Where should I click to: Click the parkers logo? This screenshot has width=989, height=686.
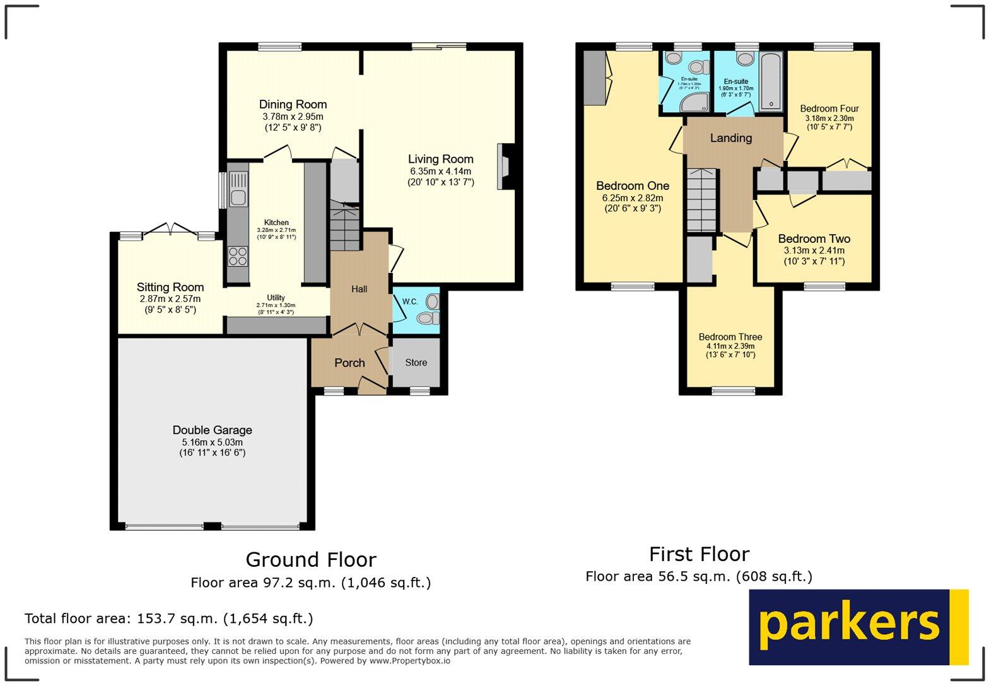tap(858, 627)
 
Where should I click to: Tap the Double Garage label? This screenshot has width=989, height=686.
tap(212, 430)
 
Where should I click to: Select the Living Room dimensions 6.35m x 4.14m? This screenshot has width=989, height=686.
tap(440, 171)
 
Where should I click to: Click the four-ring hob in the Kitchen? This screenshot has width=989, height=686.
tap(238, 257)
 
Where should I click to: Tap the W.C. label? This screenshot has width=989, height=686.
tap(410, 301)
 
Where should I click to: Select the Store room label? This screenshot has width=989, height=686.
tap(416, 363)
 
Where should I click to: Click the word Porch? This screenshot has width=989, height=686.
tap(349, 363)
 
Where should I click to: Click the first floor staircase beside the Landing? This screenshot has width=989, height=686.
tap(701, 201)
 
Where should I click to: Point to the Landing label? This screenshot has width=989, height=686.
tap(731, 138)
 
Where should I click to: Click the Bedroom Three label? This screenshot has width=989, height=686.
tap(730, 337)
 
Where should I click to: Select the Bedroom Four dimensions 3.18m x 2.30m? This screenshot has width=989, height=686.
tap(829, 118)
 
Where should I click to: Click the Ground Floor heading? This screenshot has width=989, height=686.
tap(310, 559)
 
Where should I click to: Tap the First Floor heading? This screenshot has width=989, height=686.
tap(699, 554)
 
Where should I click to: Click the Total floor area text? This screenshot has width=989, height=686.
tap(168, 619)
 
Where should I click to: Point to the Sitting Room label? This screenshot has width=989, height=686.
tap(170, 288)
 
